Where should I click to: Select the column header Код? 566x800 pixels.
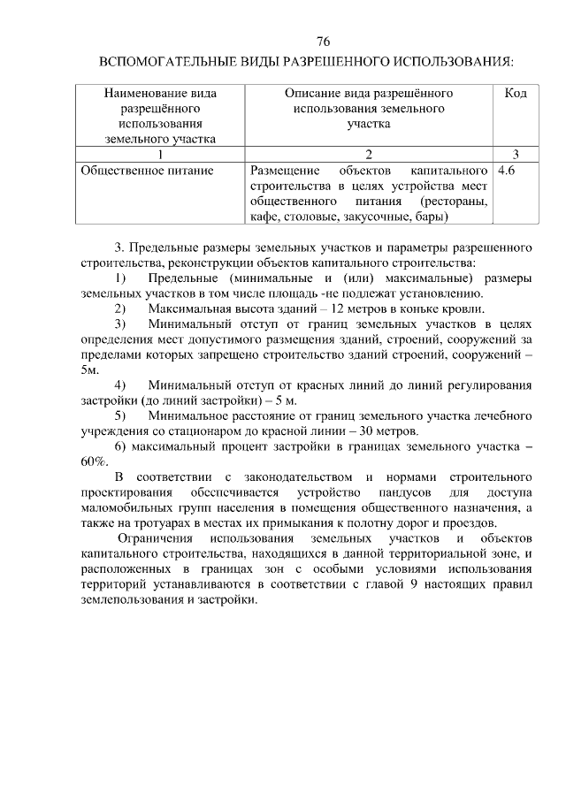point(516,93)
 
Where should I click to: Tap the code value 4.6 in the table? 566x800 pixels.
point(508,169)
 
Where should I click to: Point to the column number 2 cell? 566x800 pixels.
point(369,154)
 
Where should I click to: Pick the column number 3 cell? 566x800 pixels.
point(516,154)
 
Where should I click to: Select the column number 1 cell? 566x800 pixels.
point(160,154)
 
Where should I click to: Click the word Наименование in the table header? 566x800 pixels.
point(160,93)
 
